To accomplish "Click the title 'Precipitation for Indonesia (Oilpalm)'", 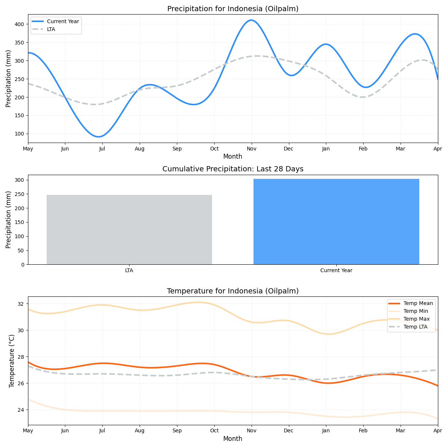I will click(233, 9).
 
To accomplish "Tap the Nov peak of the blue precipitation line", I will click(251, 20).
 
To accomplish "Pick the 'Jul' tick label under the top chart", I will click(102, 149).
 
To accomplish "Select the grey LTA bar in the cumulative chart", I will click(129, 230).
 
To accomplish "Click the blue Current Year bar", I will click(336, 222).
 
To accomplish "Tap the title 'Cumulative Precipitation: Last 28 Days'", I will click(233, 169).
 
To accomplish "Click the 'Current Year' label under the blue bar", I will click(336, 271).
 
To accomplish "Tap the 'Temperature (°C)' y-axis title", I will click(12, 361).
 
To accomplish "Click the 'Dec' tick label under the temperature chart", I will click(289, 431).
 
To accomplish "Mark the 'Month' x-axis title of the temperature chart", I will click(233, 439).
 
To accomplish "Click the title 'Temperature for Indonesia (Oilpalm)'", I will click(233, 291).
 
